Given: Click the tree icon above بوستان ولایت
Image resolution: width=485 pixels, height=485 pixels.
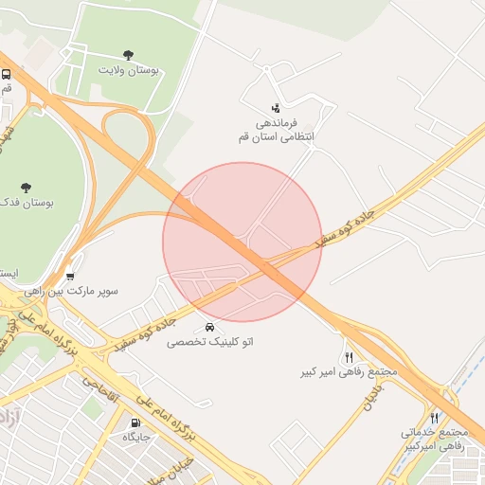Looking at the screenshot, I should (129, 55).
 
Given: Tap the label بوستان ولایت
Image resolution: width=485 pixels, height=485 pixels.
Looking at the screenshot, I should (129, 70).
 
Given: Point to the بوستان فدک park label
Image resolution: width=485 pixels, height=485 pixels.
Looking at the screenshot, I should (25, 203).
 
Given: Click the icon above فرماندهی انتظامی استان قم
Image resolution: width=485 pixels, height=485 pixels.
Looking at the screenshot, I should (275, 107).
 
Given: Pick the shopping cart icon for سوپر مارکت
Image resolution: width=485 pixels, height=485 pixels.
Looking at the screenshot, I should (70, 276).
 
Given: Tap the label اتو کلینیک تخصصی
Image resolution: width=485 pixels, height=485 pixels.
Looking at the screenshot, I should (210, 341).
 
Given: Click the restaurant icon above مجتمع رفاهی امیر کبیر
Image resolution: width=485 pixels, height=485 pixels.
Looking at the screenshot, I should (350, 357).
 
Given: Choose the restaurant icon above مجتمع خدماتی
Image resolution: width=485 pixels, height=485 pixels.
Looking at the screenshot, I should (435, 418).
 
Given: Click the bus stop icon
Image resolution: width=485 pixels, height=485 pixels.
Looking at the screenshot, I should (7, 74).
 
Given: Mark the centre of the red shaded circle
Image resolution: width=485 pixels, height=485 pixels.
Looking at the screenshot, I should (242, 242).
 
